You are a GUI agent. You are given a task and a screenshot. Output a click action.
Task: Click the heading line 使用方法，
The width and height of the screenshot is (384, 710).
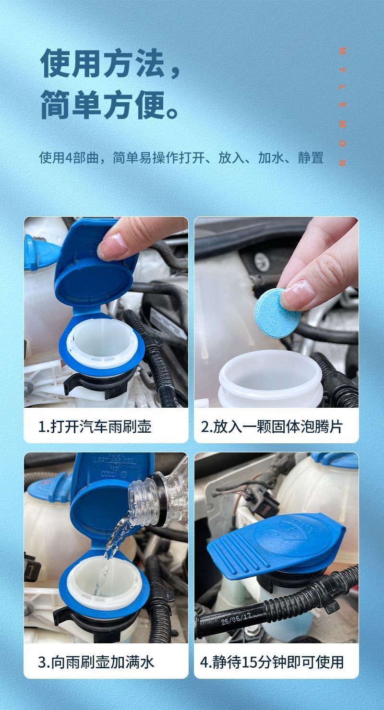110,63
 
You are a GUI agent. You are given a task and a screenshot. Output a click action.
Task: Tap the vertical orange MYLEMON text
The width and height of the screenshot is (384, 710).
342,107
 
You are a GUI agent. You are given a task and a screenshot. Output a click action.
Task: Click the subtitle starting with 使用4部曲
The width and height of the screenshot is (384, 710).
181,157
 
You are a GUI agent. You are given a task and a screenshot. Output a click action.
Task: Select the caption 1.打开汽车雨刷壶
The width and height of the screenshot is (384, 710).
95,426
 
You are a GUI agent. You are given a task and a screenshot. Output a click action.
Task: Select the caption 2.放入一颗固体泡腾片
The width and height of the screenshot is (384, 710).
272,426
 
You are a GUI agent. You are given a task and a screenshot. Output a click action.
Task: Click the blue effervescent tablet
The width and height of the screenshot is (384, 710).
277,313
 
